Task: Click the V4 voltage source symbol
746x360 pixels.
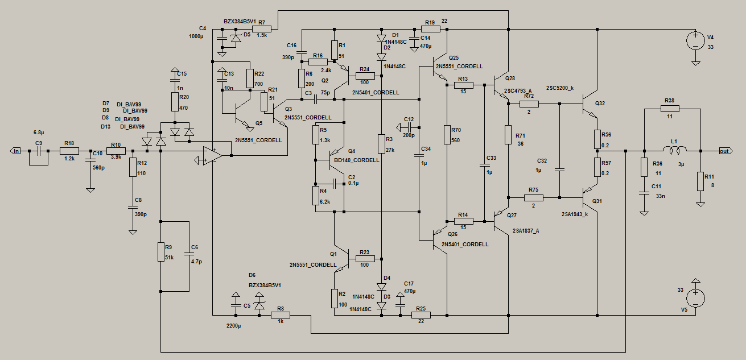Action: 695,40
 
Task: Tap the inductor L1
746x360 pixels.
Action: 677,151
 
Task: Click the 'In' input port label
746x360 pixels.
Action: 17,151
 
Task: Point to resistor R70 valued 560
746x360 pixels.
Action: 447,135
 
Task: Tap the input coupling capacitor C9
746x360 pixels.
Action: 39,151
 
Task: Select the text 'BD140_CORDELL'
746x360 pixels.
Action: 357,160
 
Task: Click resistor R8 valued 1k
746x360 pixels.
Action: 279,315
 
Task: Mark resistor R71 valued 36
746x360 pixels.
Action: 507,135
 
